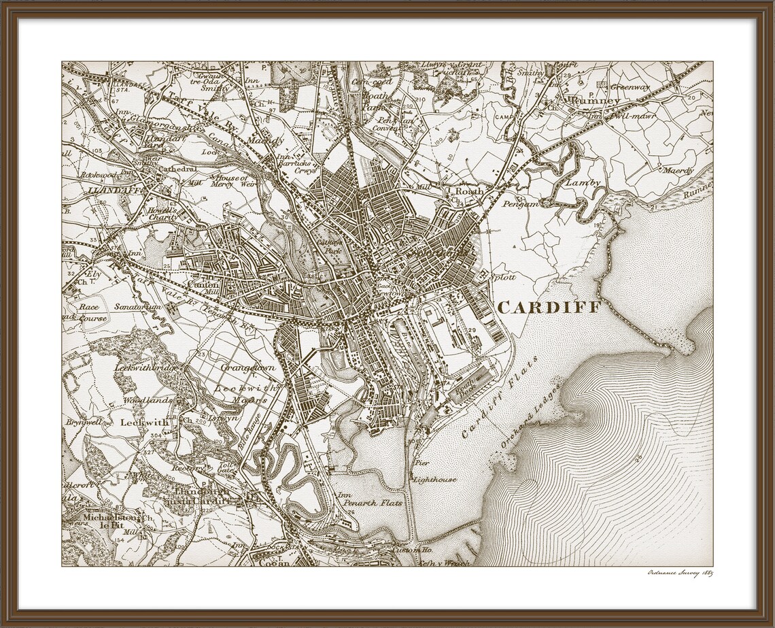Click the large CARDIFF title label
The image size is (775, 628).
549,308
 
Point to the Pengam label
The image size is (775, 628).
521,203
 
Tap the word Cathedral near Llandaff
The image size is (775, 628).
177,169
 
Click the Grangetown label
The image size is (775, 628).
248,367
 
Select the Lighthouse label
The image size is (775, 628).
436,480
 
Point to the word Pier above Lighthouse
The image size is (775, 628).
421,463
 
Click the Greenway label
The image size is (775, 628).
630,87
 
